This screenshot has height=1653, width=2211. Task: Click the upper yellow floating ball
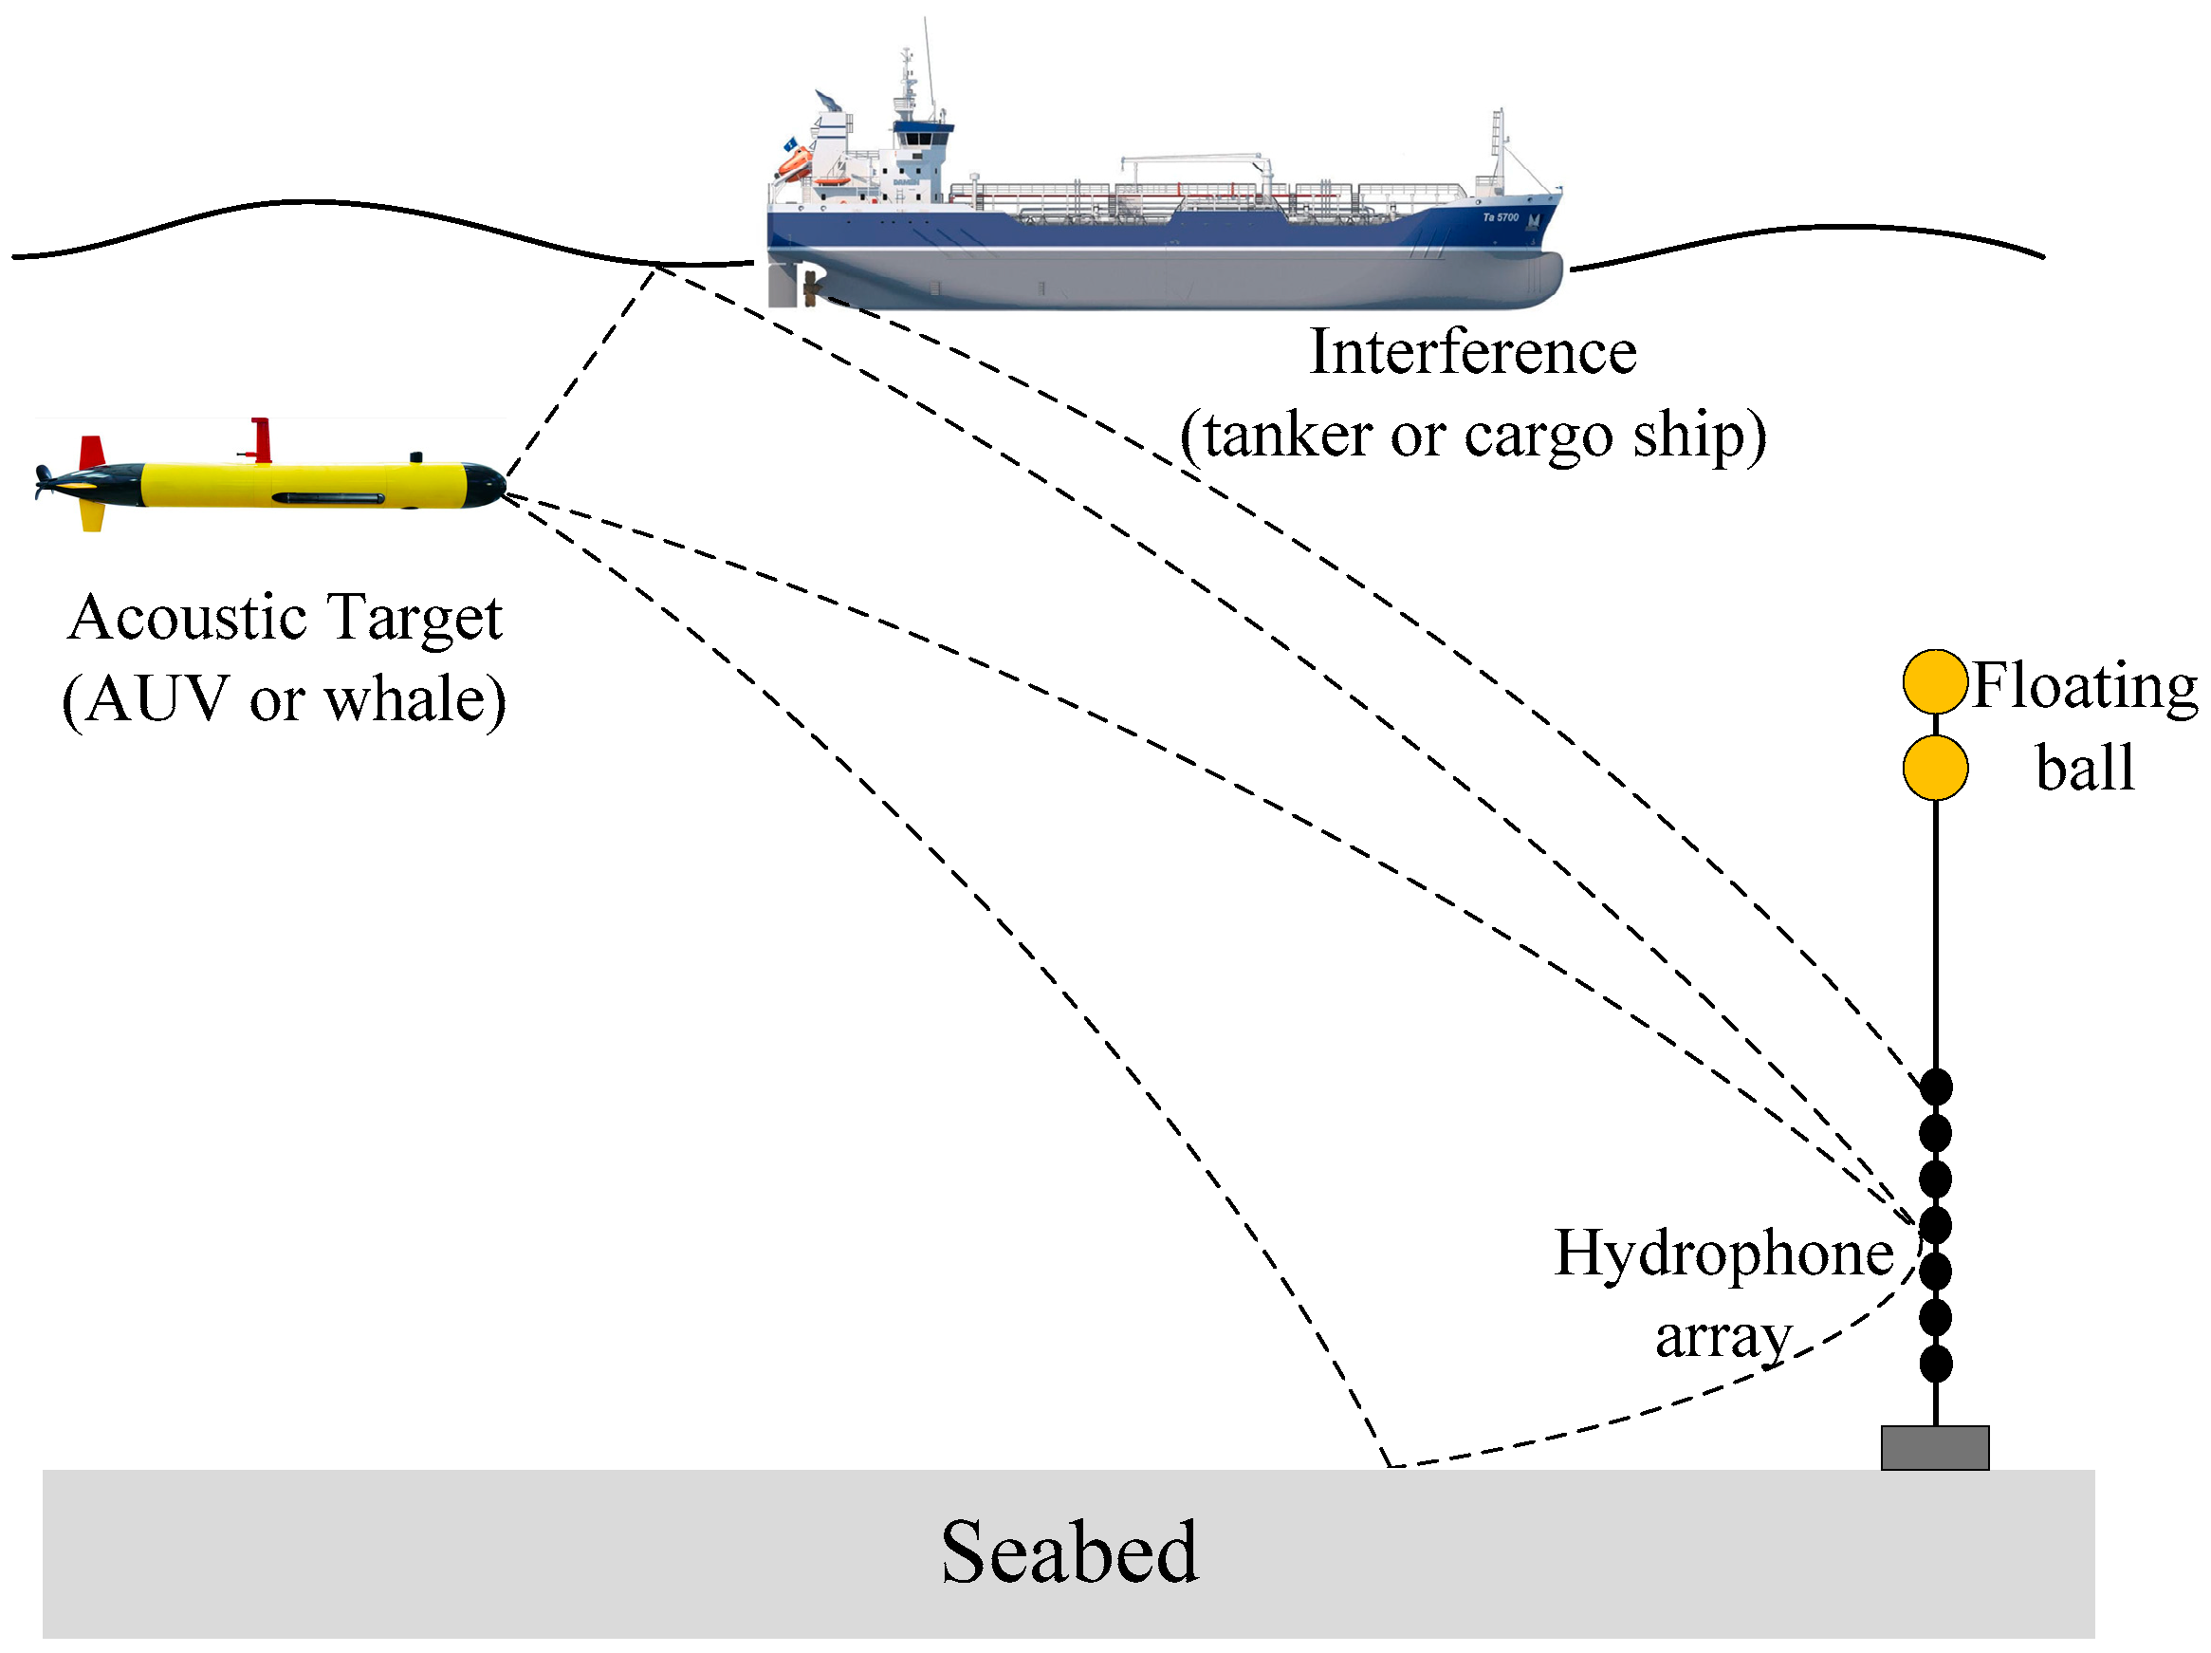point(1935,681)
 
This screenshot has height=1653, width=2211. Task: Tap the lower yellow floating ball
point(1935,767)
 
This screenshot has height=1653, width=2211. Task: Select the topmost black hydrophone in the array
point(1936,1086)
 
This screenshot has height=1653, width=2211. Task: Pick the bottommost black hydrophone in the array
point(1936,1363)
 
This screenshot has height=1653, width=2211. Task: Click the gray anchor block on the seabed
point(1935,1447)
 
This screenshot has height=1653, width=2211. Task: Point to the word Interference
point(1472,352)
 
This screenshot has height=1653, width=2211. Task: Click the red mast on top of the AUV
point(262,439)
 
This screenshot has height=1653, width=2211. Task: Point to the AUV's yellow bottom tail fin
point(92,516)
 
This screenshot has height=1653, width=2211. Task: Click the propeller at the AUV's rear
point(43,482)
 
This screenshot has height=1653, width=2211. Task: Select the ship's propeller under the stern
point(812,289)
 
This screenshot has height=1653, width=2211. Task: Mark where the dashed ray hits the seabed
point(1391,1466)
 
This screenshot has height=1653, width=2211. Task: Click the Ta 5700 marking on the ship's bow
point(1501,217)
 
